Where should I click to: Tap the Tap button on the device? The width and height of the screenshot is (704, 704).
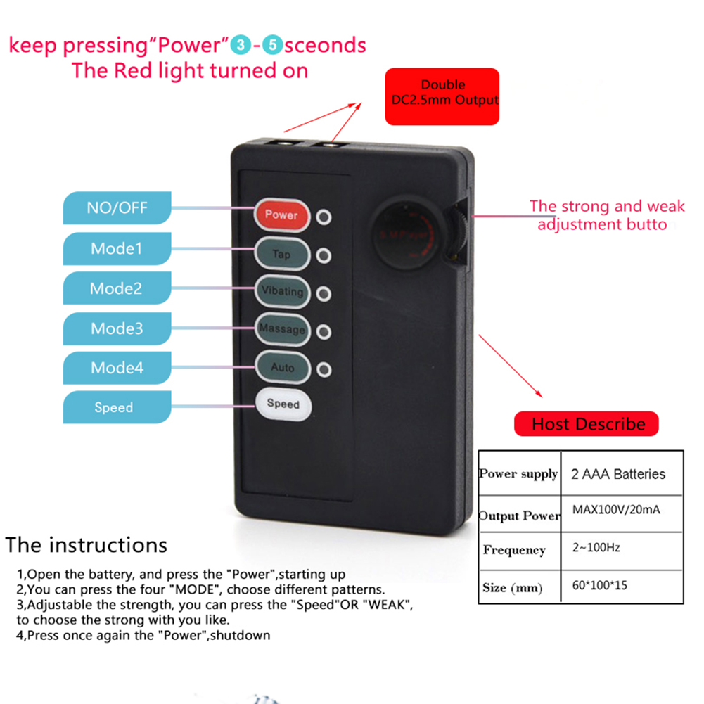coord(282,254)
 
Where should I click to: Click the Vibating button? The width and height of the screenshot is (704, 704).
coord(282,291)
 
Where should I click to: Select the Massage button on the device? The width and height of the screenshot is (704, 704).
coord(282,329)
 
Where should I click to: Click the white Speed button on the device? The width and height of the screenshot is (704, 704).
coord(283,404)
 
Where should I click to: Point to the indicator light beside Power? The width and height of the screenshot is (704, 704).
coord(324,217)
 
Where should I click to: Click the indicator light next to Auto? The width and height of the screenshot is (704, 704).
coord(324,369)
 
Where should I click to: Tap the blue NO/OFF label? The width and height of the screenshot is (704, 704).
coord(117,208)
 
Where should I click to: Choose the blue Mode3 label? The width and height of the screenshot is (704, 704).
coord(117,328)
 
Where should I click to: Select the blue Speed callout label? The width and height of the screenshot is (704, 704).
coord(117,407)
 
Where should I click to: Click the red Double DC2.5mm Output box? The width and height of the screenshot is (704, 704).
coord(442,96)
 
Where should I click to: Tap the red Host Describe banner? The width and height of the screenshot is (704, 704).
coord(587,424)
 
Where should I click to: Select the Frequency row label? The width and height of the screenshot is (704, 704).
coord(515,550)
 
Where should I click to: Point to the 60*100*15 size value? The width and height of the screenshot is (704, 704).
coord(599,585)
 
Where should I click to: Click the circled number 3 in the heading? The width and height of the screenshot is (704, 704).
coord(241,45)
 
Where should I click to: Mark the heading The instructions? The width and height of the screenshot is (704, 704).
coord(87,545)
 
